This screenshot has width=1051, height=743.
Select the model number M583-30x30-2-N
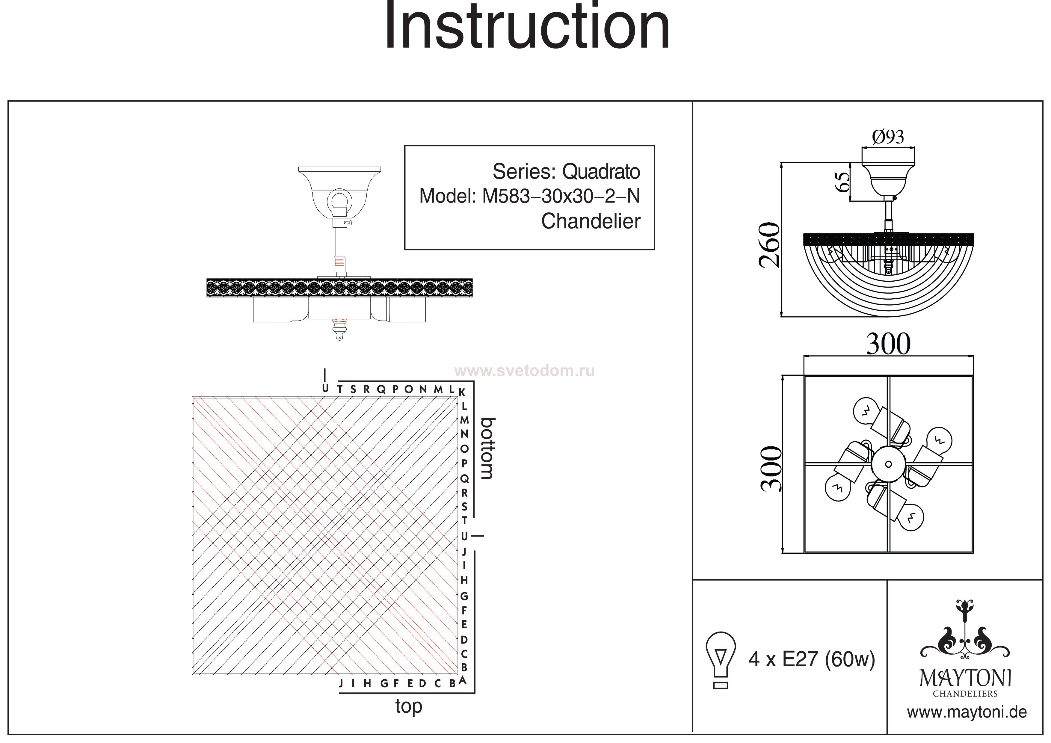point(561,197)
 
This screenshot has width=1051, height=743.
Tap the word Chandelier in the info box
point(591,222)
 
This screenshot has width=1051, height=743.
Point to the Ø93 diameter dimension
point(888,137)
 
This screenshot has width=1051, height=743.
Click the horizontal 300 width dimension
point(888,344)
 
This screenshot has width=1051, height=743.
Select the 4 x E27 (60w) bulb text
point(812,659)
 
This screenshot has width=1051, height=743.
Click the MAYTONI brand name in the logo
point(965,679)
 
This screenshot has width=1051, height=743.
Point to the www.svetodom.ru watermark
point(524,371)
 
